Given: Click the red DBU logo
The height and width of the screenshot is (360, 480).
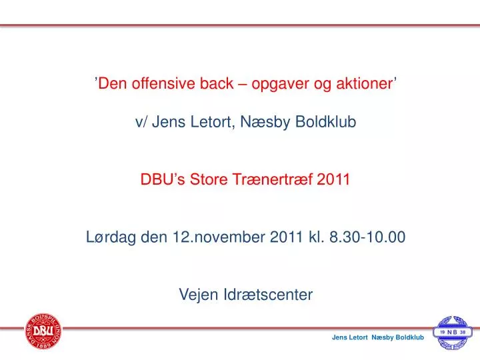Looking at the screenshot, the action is (x=43, y=331).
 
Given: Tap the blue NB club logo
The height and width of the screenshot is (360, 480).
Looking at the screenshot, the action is (x=453, y=333).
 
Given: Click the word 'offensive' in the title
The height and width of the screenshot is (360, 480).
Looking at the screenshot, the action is (x=163, y=83).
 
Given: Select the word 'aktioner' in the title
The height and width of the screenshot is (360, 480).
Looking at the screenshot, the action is (x=365, y=83).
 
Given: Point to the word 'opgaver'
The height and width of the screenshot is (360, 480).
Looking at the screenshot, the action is (x=280, y=84).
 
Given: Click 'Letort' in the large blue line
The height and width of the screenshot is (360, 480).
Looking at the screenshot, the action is (x=211, y=122).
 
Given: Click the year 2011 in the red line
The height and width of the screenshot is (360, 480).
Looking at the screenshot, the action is (x=333, y=179).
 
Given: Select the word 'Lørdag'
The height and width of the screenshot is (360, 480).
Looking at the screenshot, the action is (x=111, y=237).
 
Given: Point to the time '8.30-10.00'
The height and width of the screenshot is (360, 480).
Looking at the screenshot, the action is (x=367, y=237).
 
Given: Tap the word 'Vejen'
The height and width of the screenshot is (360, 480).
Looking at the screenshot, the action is (x=199, y=295).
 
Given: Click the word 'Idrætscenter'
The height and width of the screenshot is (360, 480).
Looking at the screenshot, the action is (x=268, y=295).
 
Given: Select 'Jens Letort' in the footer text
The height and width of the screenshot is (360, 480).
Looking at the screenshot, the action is (x=350, y=337).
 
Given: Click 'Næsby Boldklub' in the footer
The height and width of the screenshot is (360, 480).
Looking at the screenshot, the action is (x=398, y=337).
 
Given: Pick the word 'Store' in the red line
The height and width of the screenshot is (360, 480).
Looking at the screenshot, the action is (x=209, y=179).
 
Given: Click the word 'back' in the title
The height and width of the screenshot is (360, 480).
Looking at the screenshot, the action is (x=217, y=83).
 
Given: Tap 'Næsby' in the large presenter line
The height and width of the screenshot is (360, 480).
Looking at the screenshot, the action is (x=265, y=122).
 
